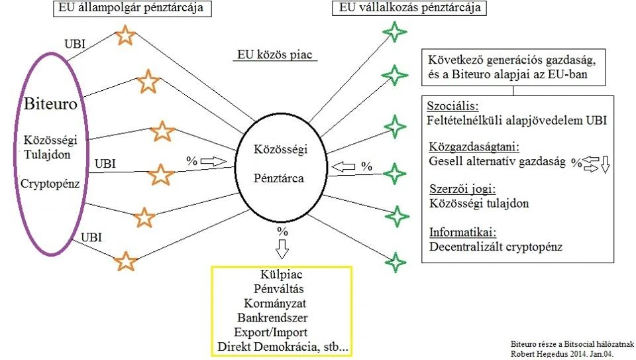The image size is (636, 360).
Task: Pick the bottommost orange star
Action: pos(126,261)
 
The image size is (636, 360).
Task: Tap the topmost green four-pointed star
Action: pos(396,31)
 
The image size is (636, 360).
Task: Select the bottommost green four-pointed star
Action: pos(396,262)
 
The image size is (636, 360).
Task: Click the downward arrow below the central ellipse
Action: pos(283,248)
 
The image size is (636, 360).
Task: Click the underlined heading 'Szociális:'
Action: pos(452,106)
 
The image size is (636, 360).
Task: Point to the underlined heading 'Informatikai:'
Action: pos(463,233)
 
